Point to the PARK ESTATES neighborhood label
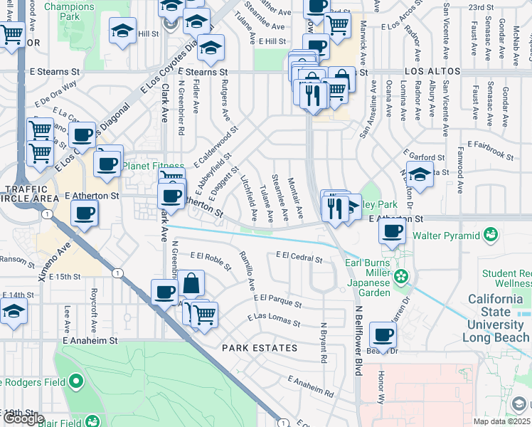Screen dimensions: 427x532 pyautogui.click(x=259, y=348)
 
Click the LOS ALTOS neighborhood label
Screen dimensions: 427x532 pyautogui.click(x=433, y=73)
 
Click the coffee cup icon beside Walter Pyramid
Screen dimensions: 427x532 pyautogui.click(x=393, y=230)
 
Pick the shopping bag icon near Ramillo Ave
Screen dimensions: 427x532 pyautogui.click(x=191, y=283)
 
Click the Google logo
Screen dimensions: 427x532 pyautogui.click(x=23, y=418)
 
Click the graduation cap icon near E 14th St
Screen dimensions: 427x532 pyautogui.click(x=14, y=312)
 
